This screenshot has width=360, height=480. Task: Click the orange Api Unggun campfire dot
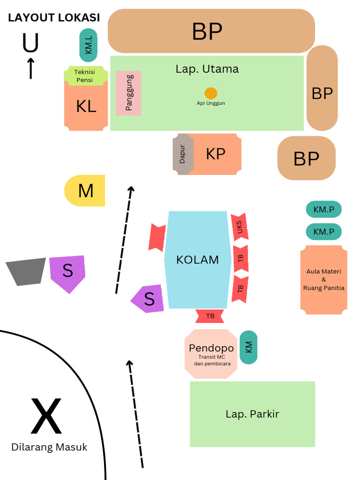(211, 93)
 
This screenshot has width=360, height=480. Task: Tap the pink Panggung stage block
(128, 93)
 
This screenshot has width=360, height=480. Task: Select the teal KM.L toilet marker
(89, 45)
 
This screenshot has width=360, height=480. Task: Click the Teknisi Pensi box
(85, 76)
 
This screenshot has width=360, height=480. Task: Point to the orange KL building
(86, 106)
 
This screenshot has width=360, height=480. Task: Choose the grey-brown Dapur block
(181, 154)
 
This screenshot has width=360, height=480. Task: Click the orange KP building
(215, 154)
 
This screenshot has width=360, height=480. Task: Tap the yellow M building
(85, 191)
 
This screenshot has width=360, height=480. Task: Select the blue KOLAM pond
(198, 260)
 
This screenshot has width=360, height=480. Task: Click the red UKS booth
(240, 227)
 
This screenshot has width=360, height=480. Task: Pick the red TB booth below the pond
(210, 316)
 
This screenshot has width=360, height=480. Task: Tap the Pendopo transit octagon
(211, 353)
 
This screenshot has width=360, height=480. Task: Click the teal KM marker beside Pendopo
(248, 347)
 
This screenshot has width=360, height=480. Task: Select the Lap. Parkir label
(252, 414)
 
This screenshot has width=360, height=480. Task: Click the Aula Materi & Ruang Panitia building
(324, 280)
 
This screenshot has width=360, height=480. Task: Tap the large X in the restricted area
(46, 416)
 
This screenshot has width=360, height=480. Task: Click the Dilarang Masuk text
(49, 447)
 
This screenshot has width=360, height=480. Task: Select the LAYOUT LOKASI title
(54, 18)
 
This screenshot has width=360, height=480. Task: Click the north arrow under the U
(30, 68)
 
